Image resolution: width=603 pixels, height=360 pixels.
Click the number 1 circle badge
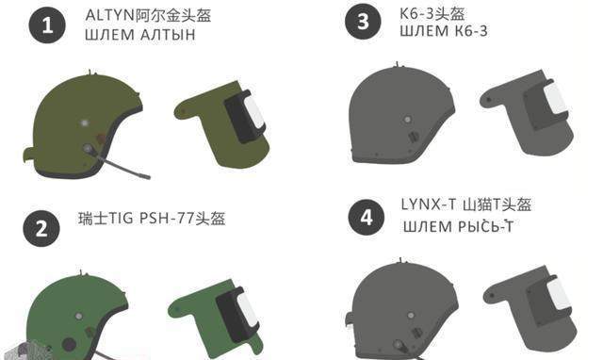47,25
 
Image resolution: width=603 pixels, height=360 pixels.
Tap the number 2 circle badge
41,228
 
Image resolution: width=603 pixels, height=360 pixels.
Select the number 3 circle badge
363,21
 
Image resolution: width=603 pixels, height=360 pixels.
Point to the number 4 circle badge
367,218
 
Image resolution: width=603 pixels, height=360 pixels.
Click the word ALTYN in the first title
110,16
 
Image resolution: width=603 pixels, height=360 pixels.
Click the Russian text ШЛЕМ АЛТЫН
140,35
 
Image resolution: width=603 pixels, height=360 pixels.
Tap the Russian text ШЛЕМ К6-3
444,31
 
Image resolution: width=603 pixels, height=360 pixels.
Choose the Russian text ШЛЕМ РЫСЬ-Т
458,226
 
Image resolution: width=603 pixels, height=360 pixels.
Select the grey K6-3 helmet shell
399,115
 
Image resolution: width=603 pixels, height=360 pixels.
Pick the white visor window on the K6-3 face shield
555,98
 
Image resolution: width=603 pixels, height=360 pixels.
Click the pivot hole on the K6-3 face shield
489,100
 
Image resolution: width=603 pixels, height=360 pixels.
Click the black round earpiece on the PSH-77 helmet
69,345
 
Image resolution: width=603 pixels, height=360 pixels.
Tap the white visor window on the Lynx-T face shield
560,294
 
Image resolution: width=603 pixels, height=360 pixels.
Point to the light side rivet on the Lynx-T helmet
411,316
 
